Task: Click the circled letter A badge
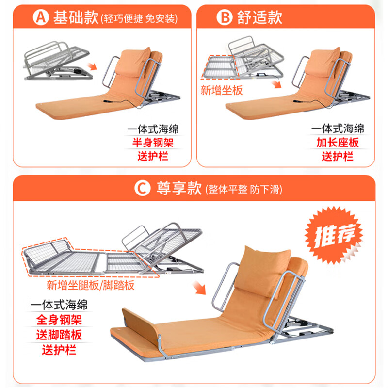pos(41,17)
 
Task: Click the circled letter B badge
pos(225,17)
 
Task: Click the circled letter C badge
pos(143,188)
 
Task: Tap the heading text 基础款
pos(76,17)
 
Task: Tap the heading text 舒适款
pos(259,17)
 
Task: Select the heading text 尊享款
pos(179,188)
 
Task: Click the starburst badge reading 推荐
pos(334,235)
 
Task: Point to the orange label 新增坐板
pos(222,90)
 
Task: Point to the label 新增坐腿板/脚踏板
pos(91,285)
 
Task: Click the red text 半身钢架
pos(153,143)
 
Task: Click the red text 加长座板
pos(338,143)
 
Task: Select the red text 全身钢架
pos(59,320)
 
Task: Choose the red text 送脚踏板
pos(59,335)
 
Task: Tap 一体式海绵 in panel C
pos(59,305)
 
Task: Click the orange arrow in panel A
pos(92,66)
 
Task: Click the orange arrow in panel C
pos(199,288)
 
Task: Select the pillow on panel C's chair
pos(262,271)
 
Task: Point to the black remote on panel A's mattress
pos(109,101)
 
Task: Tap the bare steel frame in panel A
pos(58,62)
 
